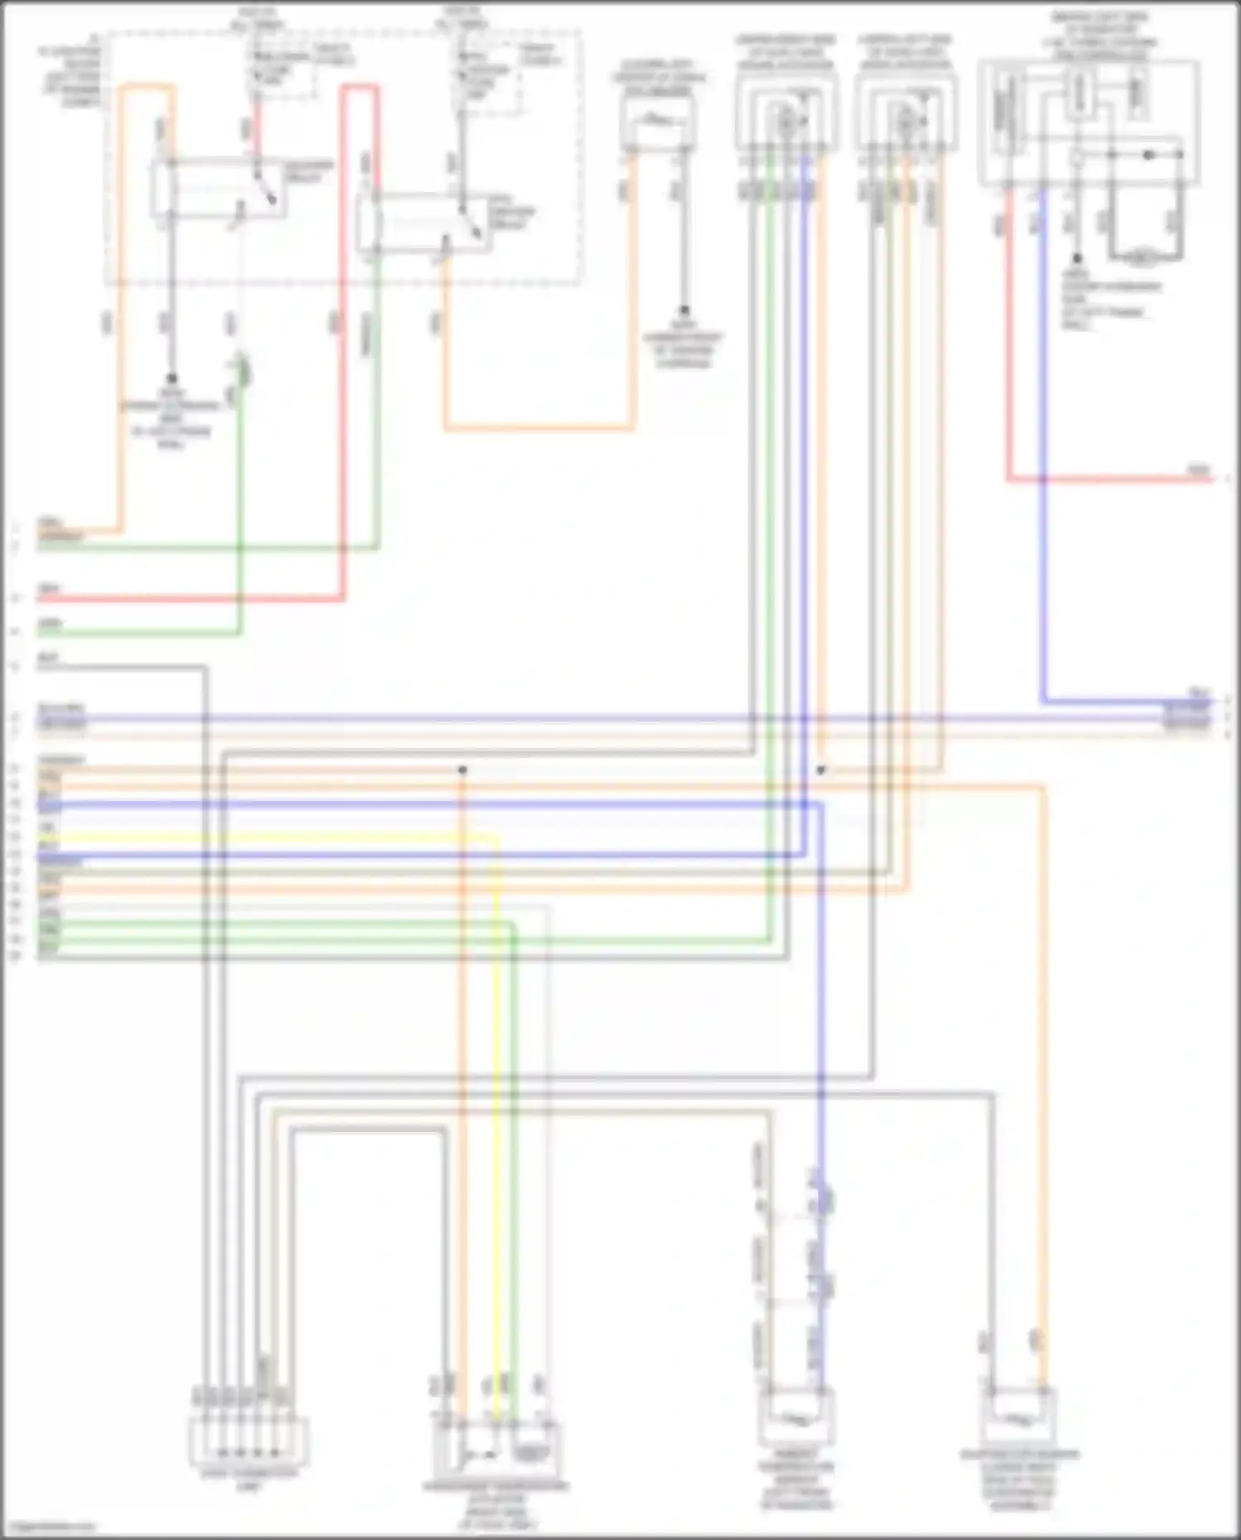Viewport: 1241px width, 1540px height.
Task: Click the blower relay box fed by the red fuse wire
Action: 217,189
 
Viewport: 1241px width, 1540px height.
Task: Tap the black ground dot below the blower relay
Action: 172,377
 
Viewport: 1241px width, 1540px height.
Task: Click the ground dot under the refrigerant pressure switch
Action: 683,311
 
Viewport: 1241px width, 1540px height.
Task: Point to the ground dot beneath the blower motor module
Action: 1076,259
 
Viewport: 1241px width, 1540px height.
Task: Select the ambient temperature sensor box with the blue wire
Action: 796,1420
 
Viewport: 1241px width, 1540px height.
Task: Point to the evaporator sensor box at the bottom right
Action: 1019,1420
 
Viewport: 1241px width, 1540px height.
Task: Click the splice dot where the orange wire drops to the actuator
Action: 462,770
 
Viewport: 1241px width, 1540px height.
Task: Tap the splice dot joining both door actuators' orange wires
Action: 821,770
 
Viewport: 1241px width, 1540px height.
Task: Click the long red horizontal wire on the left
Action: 190,598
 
